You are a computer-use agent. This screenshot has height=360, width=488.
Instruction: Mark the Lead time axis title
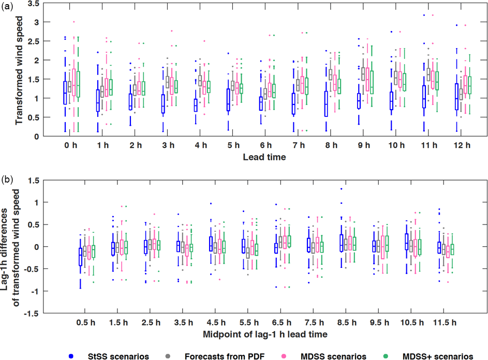tap(264, 157)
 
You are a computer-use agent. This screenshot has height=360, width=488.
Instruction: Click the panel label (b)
tap(7, 179)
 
